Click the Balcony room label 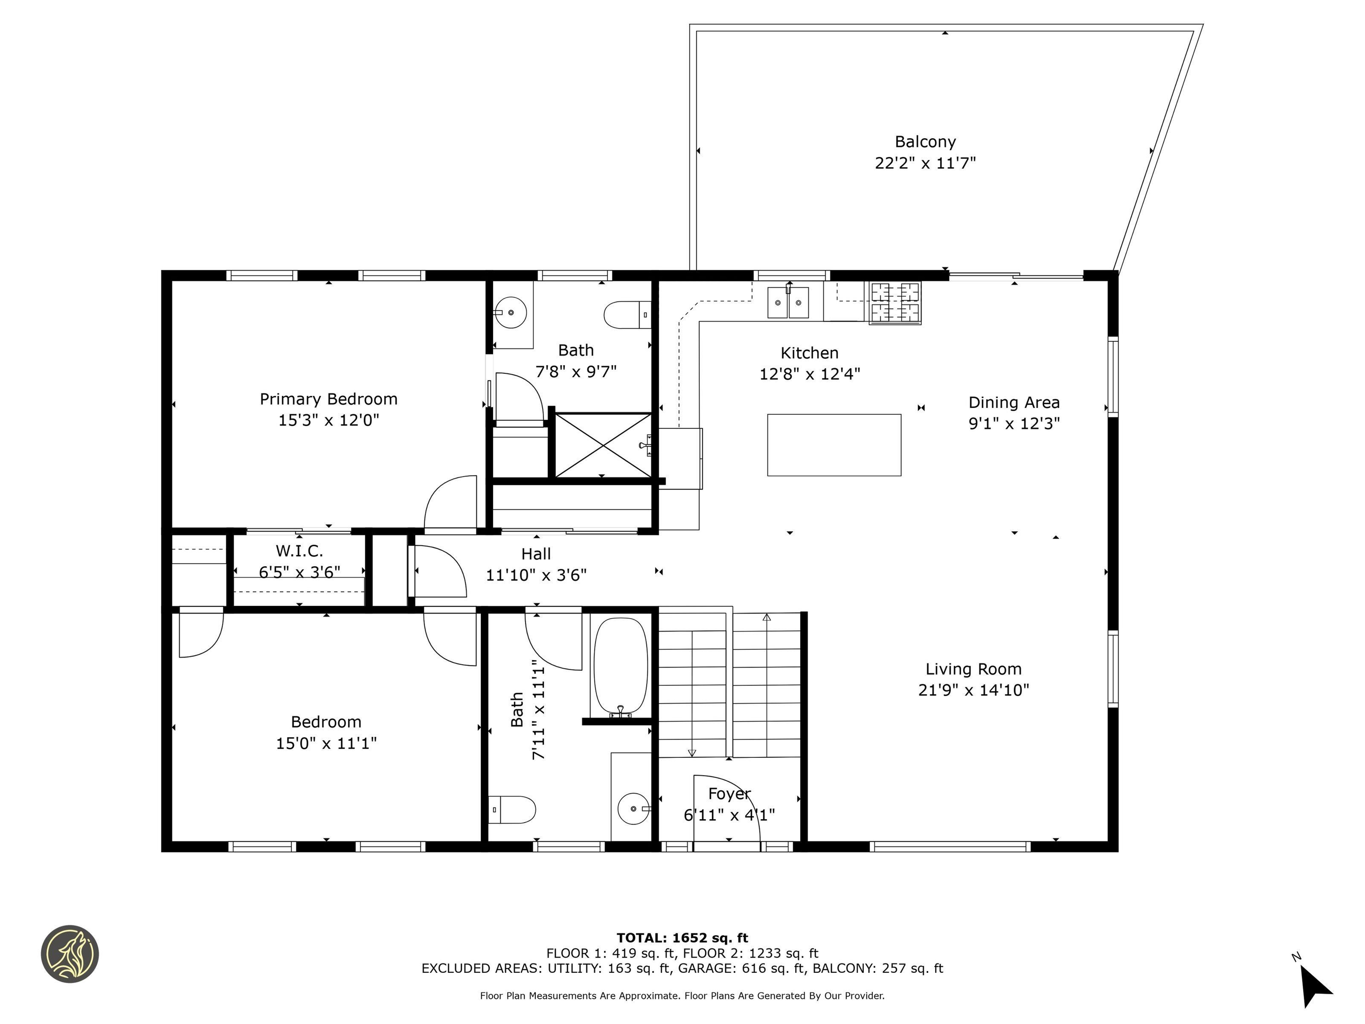925,142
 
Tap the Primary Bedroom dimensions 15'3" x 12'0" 328,420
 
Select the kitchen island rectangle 834,445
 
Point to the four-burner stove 895,303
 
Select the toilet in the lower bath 512,809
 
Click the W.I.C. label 299,551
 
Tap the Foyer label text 730,794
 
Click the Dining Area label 1014,402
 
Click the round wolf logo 70,954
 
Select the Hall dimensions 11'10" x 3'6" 536,575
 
